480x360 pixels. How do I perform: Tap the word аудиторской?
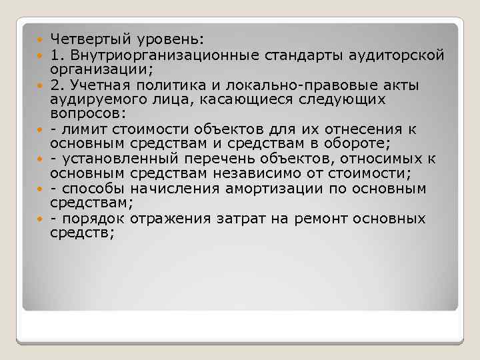398,55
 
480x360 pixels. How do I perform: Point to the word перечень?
241,158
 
